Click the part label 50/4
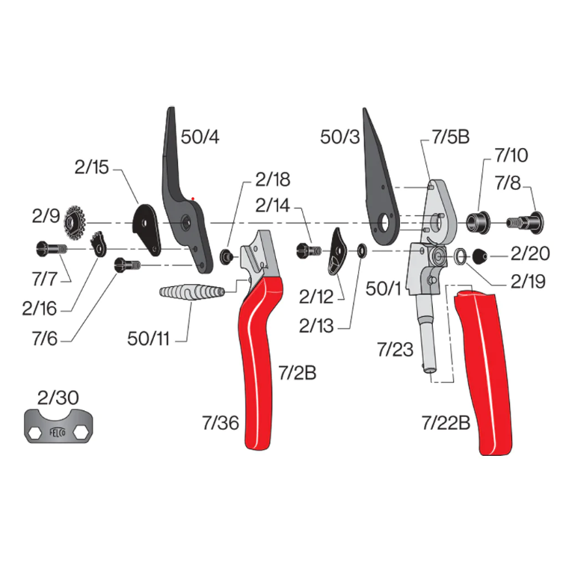point(200,137)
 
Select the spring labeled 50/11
point(192,291)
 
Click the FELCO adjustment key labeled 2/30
point(58,426)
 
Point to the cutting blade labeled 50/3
point(379,188)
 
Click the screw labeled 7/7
point(52,249)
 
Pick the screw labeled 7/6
point(127,265)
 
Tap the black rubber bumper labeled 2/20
point(480,256)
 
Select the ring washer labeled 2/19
point(460,256)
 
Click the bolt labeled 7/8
point(525,222)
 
